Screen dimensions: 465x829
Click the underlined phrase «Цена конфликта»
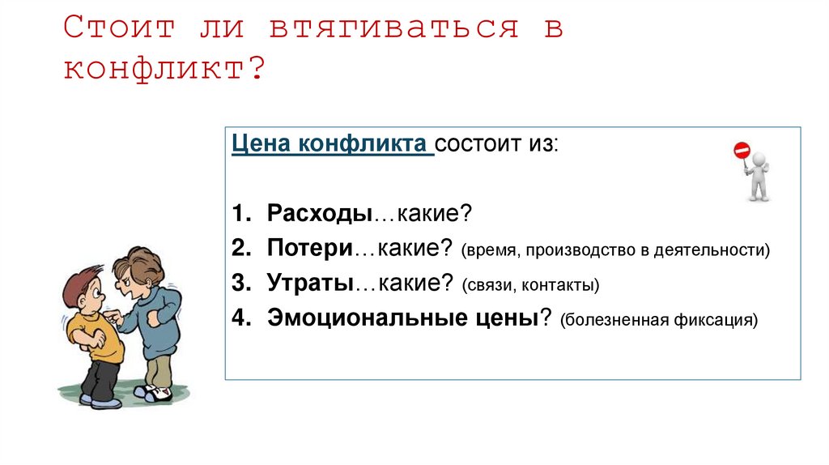(332, 146)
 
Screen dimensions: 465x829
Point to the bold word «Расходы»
(319, 215)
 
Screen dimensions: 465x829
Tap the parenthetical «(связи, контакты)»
(531, 285)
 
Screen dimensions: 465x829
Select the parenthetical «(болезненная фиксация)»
(657, 319)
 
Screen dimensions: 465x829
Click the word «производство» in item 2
(581, 250)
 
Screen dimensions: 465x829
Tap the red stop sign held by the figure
(742, 150)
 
